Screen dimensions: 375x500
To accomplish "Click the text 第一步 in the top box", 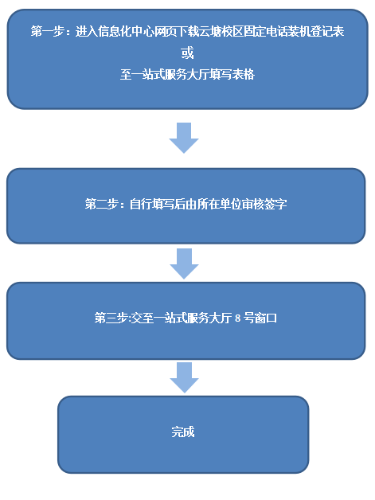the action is click(x=48, y=32).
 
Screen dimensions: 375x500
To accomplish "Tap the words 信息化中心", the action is click(x=126, y=32).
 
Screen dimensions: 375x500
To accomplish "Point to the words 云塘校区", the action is click(x=221, y=32).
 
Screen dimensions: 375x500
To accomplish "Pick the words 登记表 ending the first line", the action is click(x=327, y=32).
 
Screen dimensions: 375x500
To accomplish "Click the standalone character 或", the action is click(x=187, y=53).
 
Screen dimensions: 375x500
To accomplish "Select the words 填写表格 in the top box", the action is click(x=232, y=75).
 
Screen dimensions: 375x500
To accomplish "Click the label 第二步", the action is click(x=101, y=204).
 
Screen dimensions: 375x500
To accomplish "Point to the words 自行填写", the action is click(x=152, y=204).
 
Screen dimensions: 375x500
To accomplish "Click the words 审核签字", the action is click(x=264, y=204).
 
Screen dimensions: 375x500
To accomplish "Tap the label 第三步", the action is click(x=111, y=318).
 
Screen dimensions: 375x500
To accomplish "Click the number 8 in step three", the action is click(x=237, y=318).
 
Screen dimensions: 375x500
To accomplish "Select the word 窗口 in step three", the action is click(x=266, y=318).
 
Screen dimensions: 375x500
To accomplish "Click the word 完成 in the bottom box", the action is click(x=183, y=432).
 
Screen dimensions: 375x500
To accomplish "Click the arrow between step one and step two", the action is click(x=184, y=138).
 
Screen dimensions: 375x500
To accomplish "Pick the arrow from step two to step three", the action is click(x=184, y=264).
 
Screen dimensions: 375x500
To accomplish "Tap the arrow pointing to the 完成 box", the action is click(x=184, y=377).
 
